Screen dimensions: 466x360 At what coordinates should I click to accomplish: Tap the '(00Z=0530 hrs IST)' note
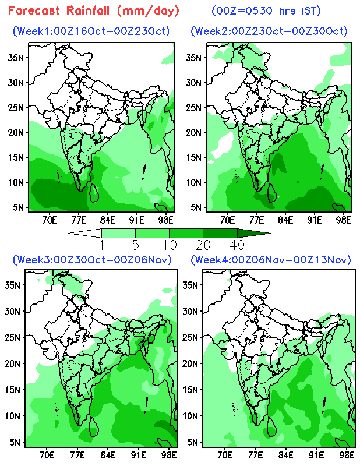pos(267,10)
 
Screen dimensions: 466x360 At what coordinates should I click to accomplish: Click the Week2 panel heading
pos(269,31)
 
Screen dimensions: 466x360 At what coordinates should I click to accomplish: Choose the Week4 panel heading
pos(270,259)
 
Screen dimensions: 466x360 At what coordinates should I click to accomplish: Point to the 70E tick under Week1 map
pos(50,220)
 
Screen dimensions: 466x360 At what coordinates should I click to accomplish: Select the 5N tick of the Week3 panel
pos(15,442)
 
